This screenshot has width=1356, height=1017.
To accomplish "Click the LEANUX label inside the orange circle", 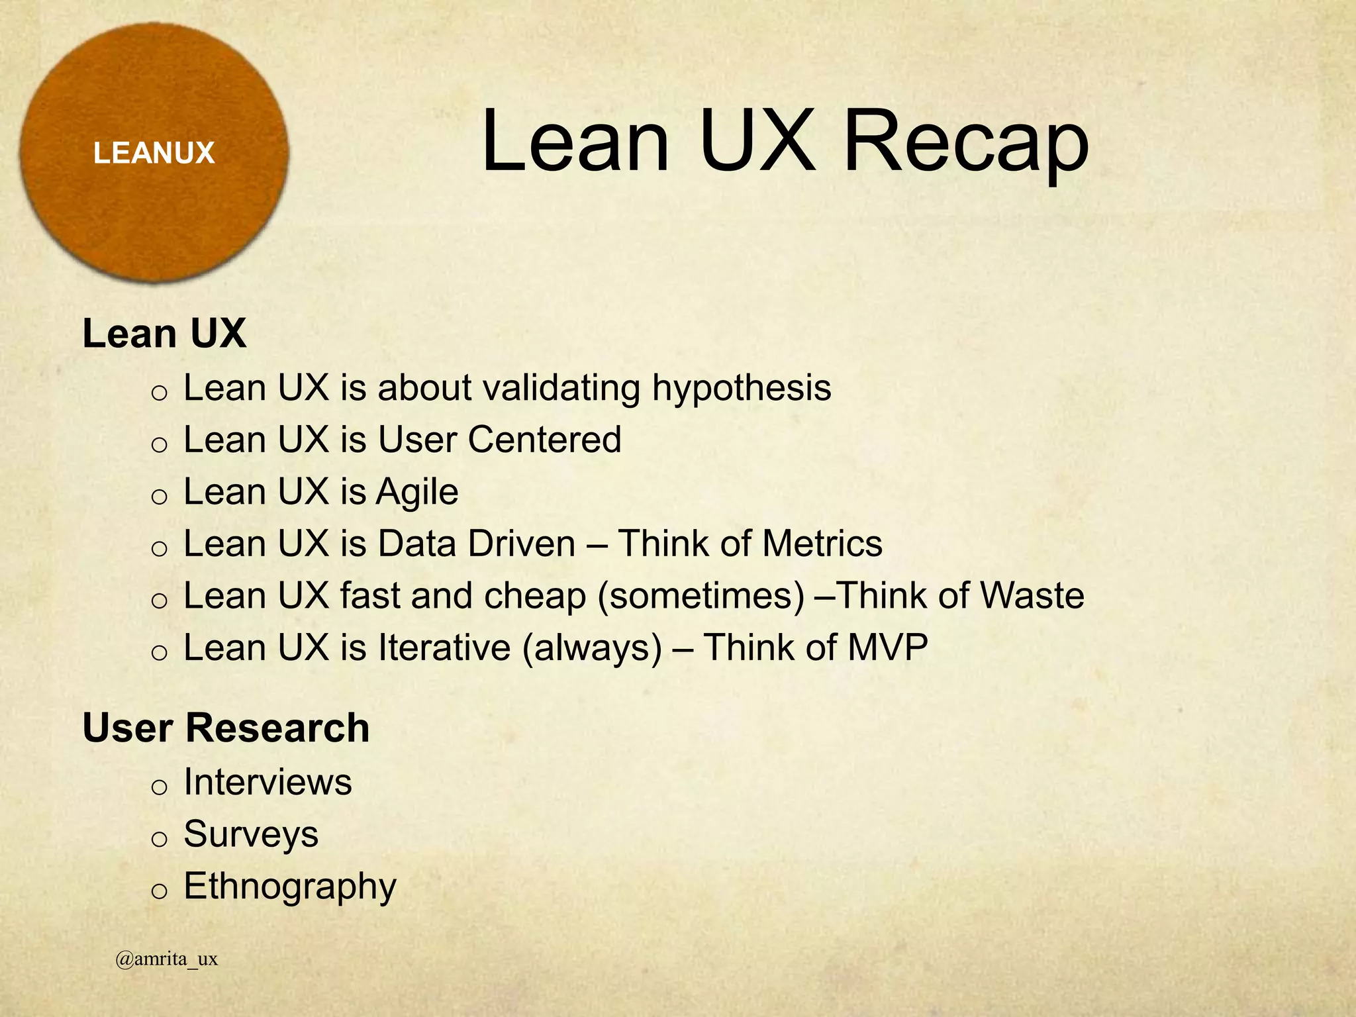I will (x=154, y=154).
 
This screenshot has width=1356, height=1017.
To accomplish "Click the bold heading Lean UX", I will (x=164, y=334).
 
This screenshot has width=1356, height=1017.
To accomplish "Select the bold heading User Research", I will (x=226, y=728).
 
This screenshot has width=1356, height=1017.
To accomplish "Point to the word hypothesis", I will (x=742, y=389).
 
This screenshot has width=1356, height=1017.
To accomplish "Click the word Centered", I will (x=545, y=440).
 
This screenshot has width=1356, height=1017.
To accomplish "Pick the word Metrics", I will (x=822, y=544).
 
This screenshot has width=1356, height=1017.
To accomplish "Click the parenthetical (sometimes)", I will (x=701, y=596).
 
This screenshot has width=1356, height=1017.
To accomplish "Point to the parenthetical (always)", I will (x=592, y=648).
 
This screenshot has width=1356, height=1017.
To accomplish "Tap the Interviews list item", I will (x=267, y=782).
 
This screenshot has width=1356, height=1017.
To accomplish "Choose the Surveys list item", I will (x=251, y=834).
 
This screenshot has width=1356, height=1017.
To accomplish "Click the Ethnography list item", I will (x=289, y=887).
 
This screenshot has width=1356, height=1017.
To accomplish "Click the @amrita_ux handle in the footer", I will (x=166, y=959).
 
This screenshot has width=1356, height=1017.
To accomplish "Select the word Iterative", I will (x=444, y=647).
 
